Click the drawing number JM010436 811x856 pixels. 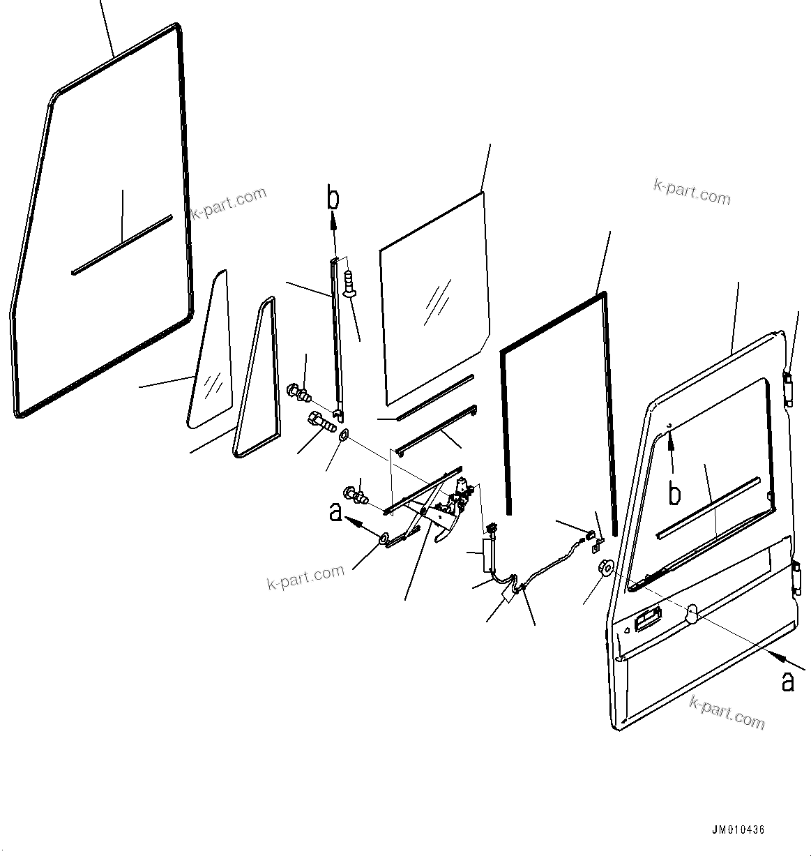pos(738,830)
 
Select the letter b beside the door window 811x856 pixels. pos(674,493)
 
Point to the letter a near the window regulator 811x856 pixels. pos(336,513)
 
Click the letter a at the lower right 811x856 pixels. pos(787,682)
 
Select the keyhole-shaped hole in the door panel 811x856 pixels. pos(690,612)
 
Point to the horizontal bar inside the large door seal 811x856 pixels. pos(121,245)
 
